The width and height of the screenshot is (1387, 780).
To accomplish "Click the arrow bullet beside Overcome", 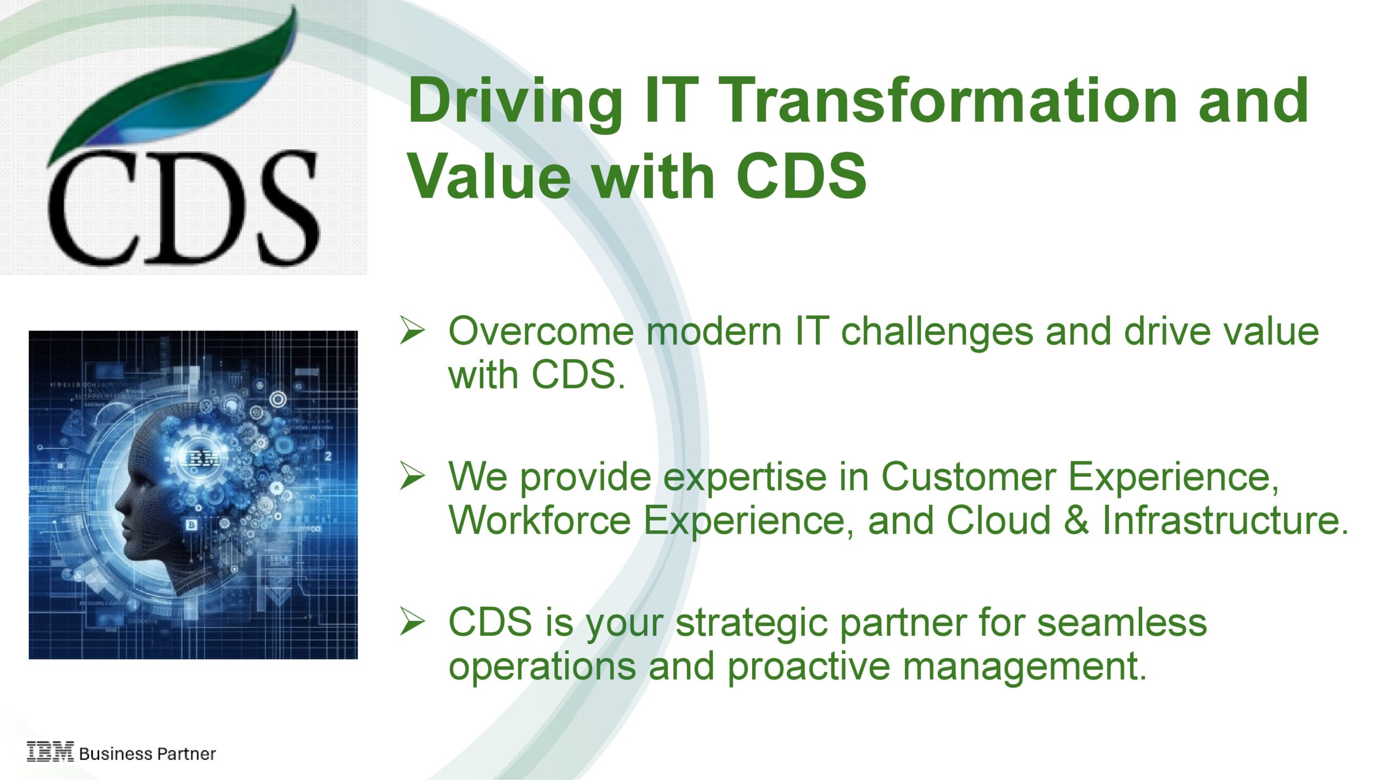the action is tap(412, 330).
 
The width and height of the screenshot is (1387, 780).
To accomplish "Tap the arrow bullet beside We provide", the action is tap(412, 476).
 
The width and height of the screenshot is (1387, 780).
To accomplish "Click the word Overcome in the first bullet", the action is tap(541, 331).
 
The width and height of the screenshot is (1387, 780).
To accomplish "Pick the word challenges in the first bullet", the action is tap(937, 331).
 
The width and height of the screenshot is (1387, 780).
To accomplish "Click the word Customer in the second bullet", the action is tap(969, 477).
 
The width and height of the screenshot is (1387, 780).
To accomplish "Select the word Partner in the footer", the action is tap(186, 753).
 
